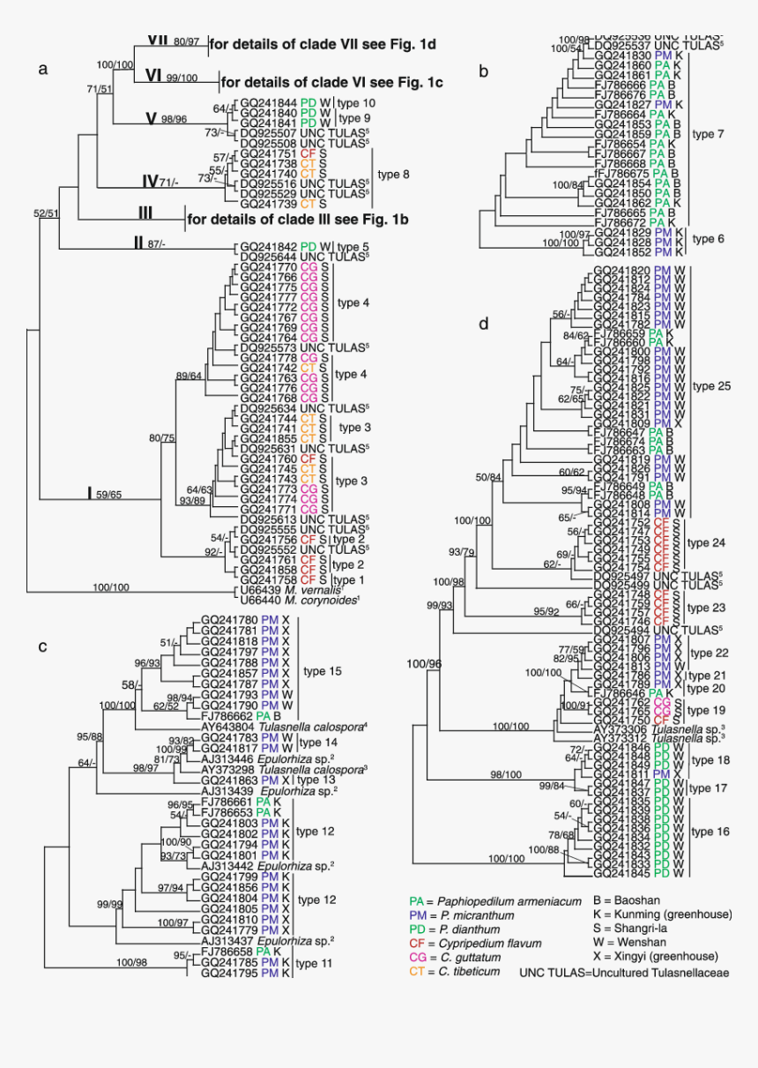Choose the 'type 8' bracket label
pos(393,174)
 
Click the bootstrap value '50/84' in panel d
pos(489,477)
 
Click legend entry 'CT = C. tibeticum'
pos(455,972)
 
